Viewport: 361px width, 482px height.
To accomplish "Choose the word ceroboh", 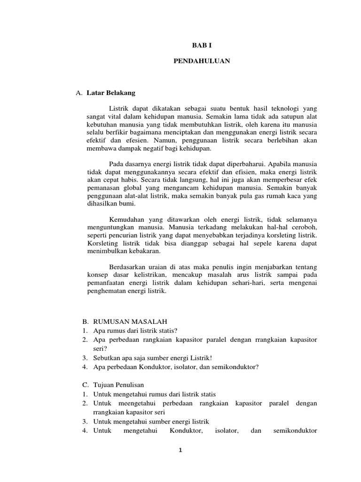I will pyautogui.click(x=305, y=228).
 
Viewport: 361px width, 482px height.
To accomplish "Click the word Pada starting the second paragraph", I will pyautogui.click(x=116, y=164).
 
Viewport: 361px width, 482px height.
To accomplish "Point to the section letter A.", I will pyautogui.click(x=79, y=93).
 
